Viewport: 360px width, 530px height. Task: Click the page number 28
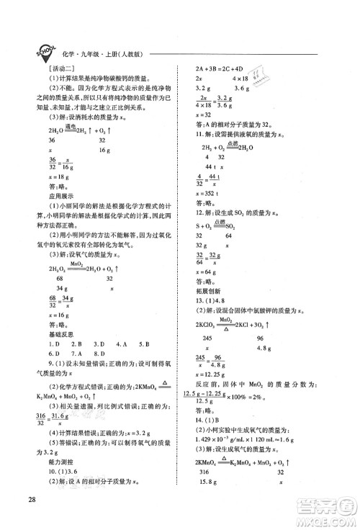[x=30, y=498]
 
